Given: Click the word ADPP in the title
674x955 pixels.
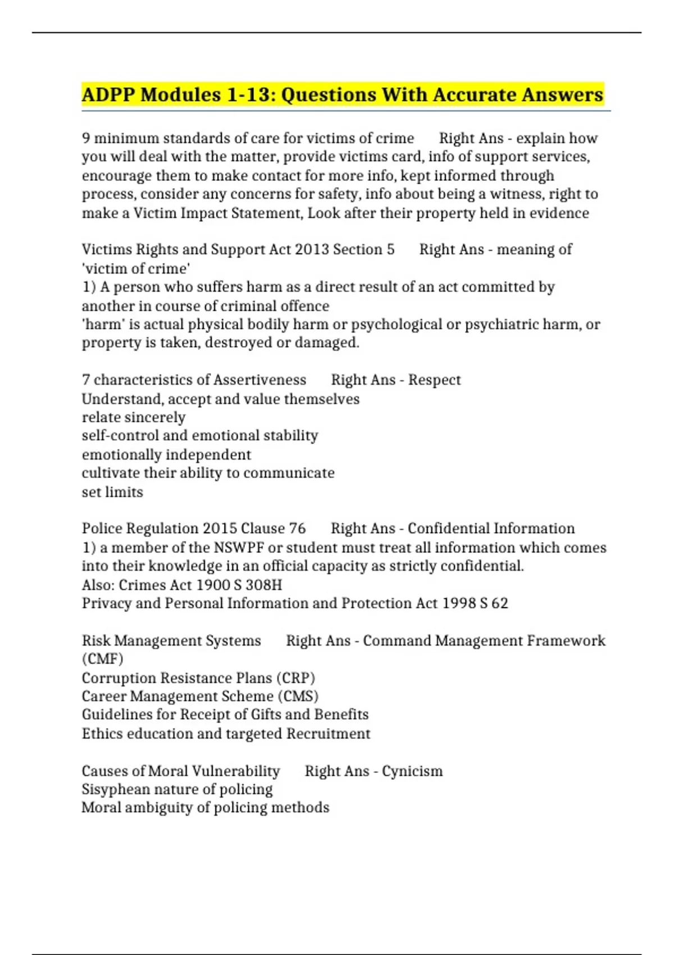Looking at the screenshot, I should tap(108, 94).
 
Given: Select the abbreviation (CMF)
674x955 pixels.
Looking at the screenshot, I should tap(102, 658).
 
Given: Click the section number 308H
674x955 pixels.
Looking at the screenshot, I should tap(263, 585).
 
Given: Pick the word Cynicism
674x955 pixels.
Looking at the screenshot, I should tap(412, 771).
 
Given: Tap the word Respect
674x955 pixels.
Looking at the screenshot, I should tap(434, 380).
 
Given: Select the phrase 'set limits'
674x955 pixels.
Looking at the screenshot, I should tap(112, 492).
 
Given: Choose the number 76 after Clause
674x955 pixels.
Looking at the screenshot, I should tap(297, 529).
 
